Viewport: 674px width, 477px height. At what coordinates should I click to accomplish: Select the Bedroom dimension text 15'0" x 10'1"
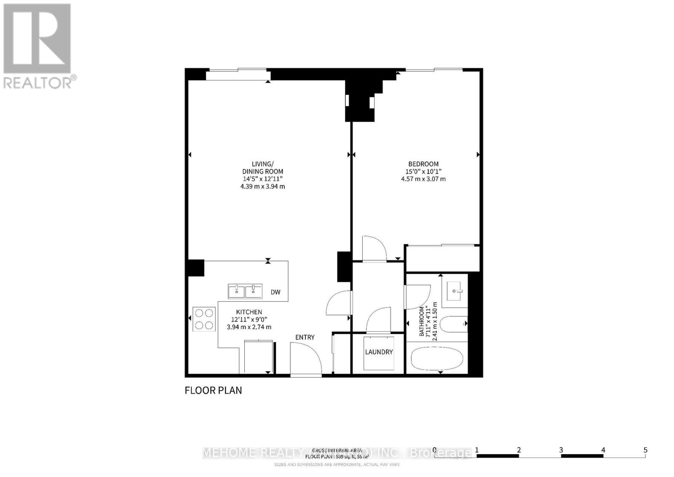[423, 172]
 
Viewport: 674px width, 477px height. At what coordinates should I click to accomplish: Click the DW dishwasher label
[275, 292]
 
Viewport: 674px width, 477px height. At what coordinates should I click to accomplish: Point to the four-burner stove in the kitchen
[204, 319]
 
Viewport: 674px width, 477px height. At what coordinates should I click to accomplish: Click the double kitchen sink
[245, 291]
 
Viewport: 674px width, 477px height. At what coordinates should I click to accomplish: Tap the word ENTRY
[305, 337]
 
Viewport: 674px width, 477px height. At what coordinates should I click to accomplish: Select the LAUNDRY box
[379, 352]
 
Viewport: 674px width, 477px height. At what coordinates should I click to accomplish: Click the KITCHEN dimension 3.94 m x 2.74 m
[249, 327]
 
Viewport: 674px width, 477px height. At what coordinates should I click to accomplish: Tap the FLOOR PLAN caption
[213, 390]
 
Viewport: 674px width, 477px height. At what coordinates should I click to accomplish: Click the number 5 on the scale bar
[645, 450]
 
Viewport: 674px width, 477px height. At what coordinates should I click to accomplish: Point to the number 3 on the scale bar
[561, 450]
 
